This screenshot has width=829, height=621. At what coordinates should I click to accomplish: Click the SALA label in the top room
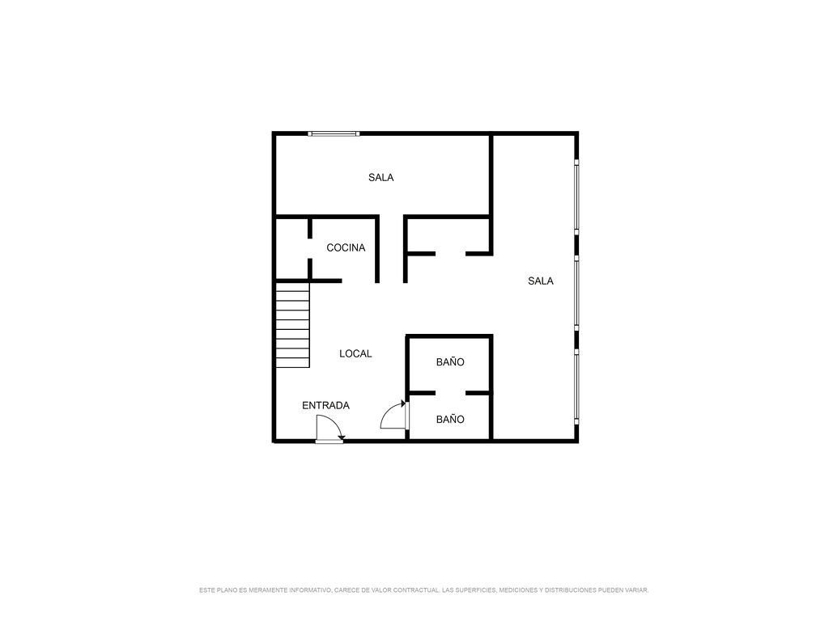pyautogui.click(x=380, y=177)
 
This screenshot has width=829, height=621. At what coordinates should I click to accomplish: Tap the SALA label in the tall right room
pyautogui.click(x=540, y=281)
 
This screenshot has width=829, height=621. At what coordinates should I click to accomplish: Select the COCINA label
pyautogui.click(x=346, y=247)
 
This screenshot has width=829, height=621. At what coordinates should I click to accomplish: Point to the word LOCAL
pyautogui.click(x=355, y=354)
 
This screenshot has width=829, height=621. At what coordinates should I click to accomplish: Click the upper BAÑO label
pyautogui.click(x=450, y=361)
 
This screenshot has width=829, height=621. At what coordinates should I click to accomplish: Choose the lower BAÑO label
pyautogui.click(x=450, y=420)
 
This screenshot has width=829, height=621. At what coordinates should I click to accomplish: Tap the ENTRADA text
pyautogui.click(x=325, y=406)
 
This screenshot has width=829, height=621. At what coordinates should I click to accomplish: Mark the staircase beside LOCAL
pyautogui.click(x=292, y=325)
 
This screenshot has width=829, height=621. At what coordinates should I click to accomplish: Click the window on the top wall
pyautogui.click(x=334, y=133)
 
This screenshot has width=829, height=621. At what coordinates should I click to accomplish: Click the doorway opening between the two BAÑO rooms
pyautogui.click(x=450, y=393)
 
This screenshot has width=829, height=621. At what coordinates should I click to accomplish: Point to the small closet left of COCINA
pyautogui.click(x=291, y=248)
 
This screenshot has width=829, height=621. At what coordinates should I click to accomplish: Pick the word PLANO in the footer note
pyautogui.click(x=223, y=589)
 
